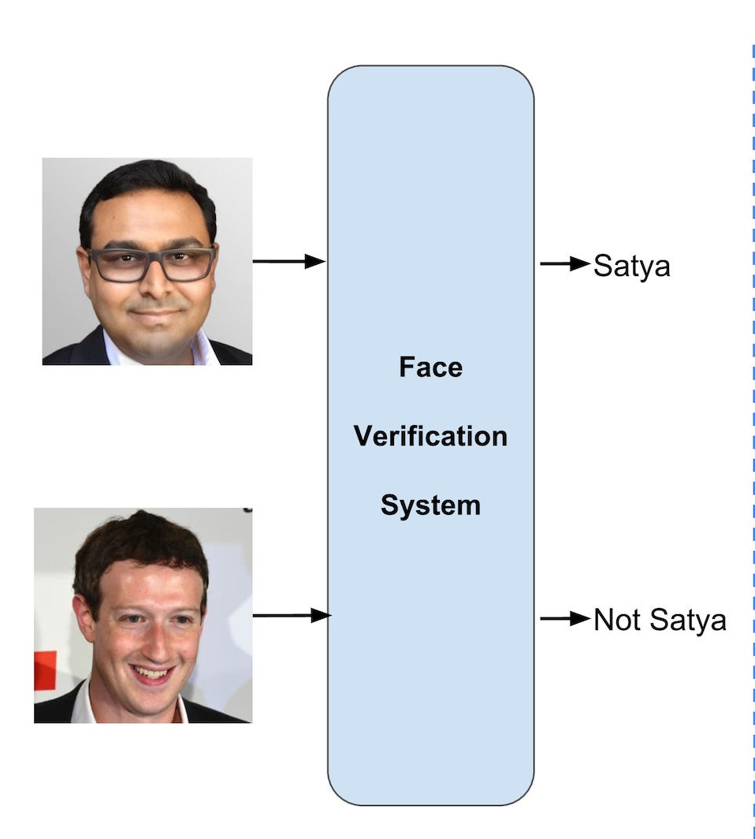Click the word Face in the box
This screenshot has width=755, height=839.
(x=430, y=367)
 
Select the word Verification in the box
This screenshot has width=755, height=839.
(x=430, y=436)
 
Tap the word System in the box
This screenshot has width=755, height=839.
(x=430, y=505)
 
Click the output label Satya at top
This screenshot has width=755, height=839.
(x=631, y=266)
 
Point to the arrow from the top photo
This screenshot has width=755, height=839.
(x=288, y=261)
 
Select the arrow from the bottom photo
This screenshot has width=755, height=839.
(x=291, y=615)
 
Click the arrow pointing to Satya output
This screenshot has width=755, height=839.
(x=564, y=264)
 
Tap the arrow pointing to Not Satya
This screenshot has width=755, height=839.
(x=564, y=619)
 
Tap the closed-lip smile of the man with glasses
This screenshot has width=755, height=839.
(x=154, y=313)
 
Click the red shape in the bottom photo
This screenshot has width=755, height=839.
(x=45, y=670)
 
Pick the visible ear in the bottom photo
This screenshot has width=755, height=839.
(x=81, y=619)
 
